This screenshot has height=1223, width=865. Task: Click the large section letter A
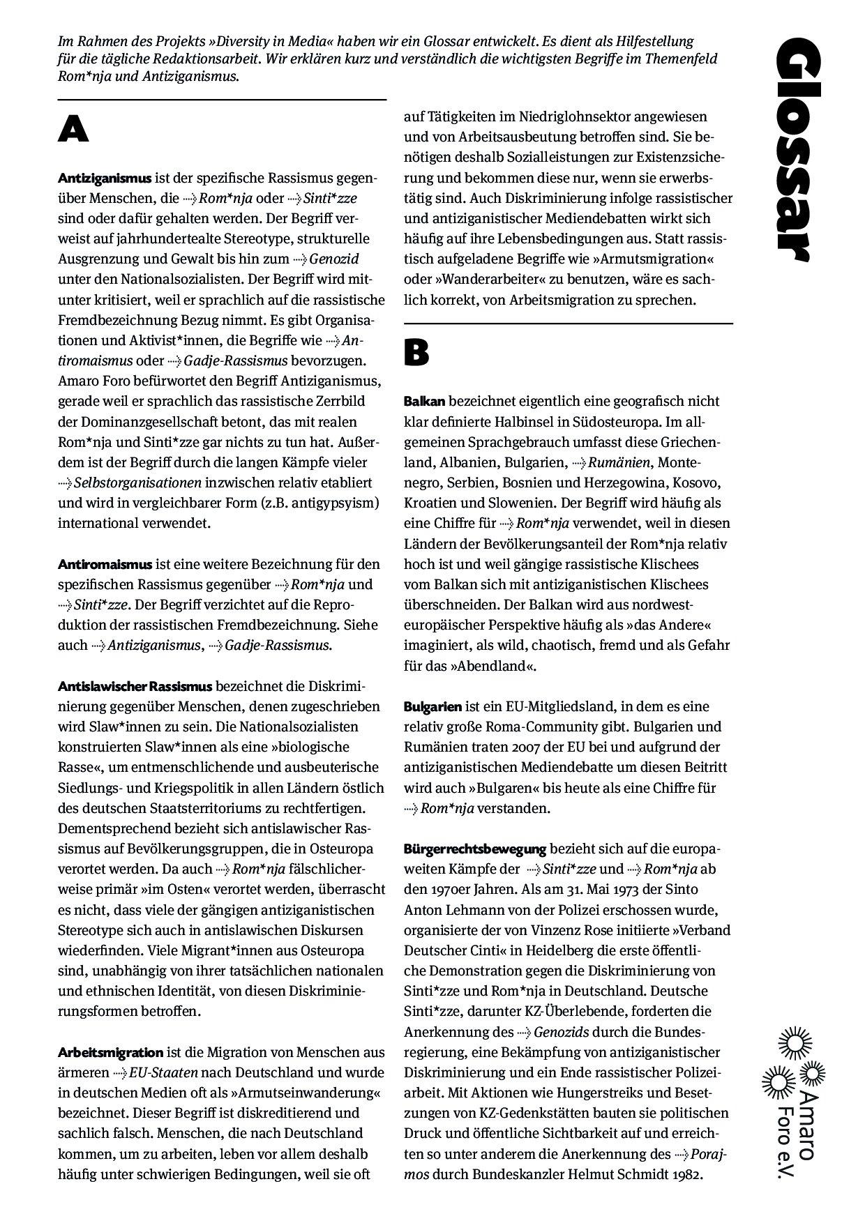(x=73, y=130)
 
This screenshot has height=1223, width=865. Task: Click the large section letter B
(x=416, y=354)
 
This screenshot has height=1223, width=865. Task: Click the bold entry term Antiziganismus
(x=105, y=178)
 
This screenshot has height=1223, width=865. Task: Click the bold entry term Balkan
(x=424, y=401)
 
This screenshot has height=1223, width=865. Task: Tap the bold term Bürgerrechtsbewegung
(x=474, y=849)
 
